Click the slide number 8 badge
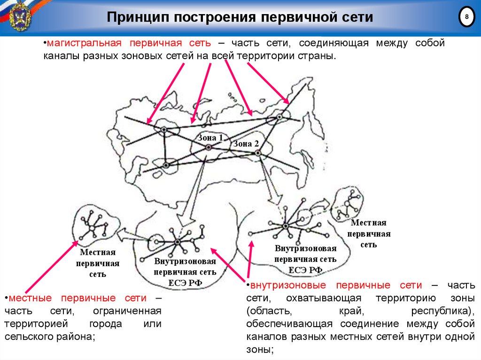(466, 17)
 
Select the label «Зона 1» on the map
(210, 138)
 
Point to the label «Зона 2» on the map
(246, 144)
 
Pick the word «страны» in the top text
(319, 55)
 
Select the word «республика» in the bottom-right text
(440, 311)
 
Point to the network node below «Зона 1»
(208, 148)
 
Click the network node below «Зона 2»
(257, 153)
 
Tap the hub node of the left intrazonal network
(178, 242)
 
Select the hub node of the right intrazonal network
(286, 226)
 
